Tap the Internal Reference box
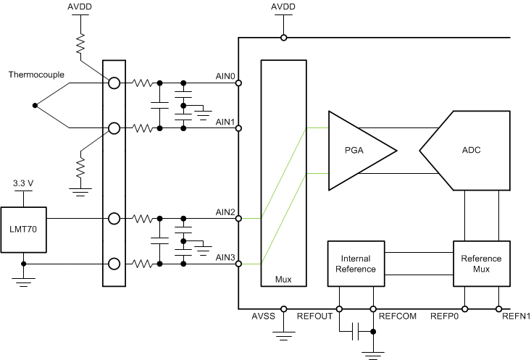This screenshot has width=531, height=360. point(356,264)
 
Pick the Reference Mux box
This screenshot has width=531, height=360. point(481,264)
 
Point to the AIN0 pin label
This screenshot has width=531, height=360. point(225,75)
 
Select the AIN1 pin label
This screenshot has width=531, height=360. point(225,122)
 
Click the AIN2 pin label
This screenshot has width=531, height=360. point(225,212)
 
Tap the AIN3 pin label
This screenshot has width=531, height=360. point(225,258)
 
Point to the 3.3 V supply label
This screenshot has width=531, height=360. point(23,184)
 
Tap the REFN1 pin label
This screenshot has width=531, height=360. point(516,316)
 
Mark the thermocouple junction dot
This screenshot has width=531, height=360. point(35,106)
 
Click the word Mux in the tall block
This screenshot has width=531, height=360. point(283,278)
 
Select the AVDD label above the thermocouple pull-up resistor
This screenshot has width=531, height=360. point(80,9)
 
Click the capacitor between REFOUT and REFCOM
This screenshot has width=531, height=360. point(356,332)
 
